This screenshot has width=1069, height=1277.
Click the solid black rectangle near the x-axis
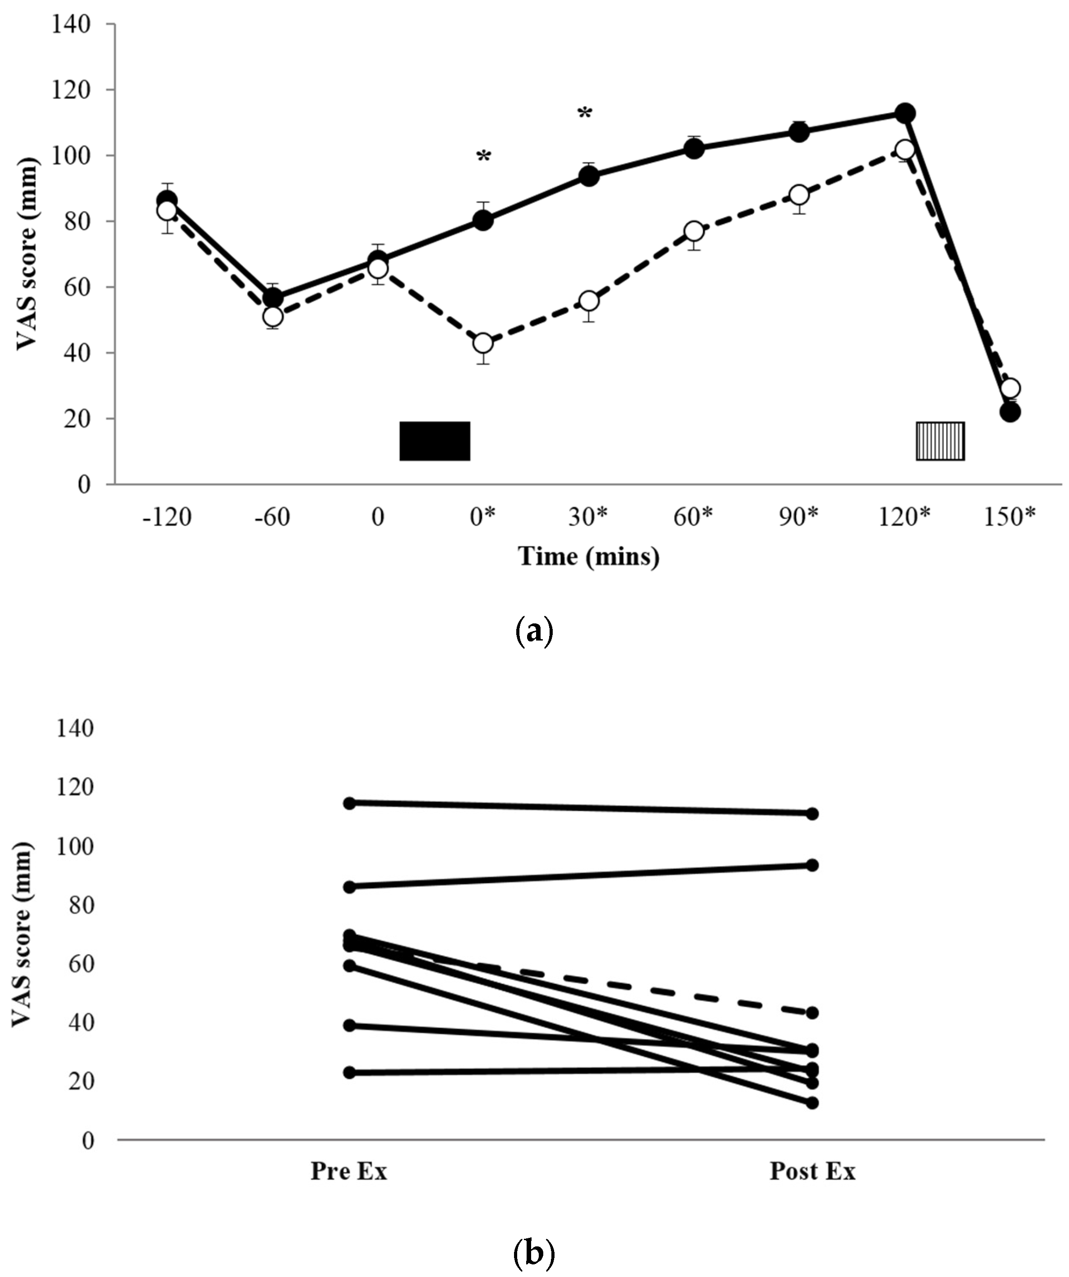434,441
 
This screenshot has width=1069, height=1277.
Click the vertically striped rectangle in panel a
940,441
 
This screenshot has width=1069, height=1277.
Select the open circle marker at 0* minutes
483,343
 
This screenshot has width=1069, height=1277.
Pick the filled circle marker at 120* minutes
905,113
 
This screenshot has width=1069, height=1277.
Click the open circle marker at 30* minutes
589,301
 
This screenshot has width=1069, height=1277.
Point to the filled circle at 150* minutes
1010,412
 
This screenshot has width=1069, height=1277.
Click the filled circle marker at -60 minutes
273,298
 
